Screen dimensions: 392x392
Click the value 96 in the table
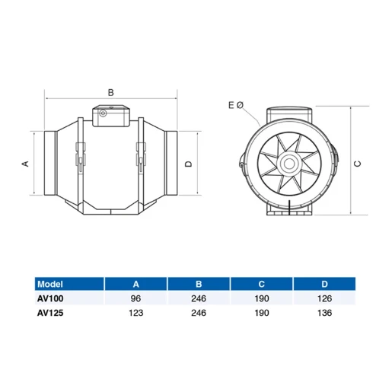135,298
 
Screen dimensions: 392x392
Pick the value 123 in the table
135,313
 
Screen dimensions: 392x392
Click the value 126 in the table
326,298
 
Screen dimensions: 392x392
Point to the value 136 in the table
326,313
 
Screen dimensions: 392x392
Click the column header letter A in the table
135,283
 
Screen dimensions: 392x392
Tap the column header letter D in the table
326,283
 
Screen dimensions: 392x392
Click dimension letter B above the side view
111,92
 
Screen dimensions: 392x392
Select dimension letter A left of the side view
24,163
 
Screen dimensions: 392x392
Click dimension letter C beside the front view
358,163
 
